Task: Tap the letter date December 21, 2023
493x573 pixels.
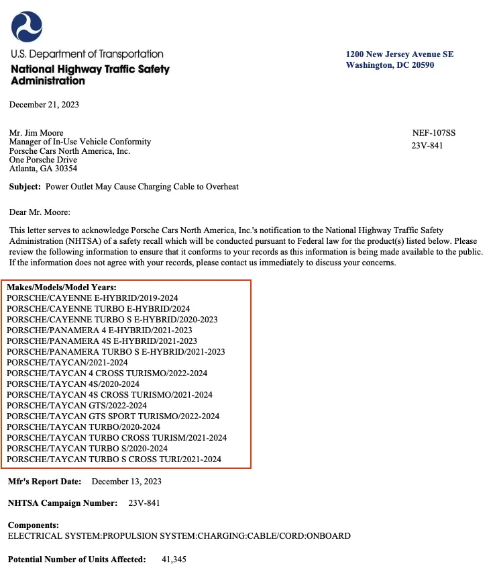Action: (44, 105)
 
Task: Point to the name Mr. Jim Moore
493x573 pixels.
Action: (36, 133)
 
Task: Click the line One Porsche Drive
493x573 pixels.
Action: (43, 160)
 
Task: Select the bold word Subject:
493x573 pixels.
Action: (25, 187)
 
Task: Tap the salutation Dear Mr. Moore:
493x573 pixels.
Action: (39, 212)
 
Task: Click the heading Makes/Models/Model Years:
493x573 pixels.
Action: (62, 288)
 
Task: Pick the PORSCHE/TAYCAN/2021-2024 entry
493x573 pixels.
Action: (67, 363)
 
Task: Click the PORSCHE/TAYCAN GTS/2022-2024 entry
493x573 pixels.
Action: (77, 406)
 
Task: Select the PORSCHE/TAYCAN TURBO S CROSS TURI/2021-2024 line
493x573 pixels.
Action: (114, 459)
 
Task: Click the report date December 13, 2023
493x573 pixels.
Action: (126, 482)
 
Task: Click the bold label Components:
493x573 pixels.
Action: (34, 525)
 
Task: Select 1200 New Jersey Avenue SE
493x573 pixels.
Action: (400, 54)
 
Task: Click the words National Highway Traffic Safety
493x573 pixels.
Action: (90, 69)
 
